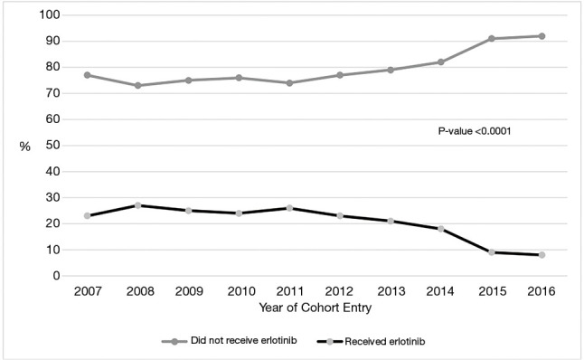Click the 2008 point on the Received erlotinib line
(x=137, y=205)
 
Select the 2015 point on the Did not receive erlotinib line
(x=491, y=39)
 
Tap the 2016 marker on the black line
(x=542, y=255)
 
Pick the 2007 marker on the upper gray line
(x=87, y=75)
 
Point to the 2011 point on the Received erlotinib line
(x=289, y=208)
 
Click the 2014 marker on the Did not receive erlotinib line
(x=440, y=62)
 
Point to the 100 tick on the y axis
(x=52, y=15)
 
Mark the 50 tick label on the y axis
(x=54, y=146)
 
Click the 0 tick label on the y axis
(x=57, y=276)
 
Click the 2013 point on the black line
(x=390, y=221)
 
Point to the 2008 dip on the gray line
(x=137, y=86)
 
